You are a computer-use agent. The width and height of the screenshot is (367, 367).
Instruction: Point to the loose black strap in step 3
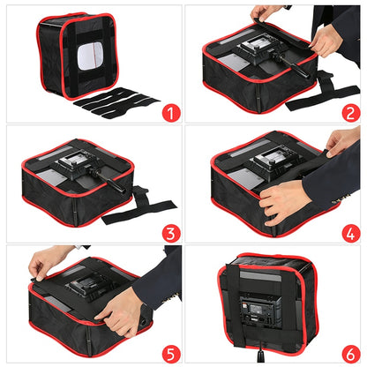141,212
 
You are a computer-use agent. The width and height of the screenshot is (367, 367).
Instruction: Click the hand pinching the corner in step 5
40,263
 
